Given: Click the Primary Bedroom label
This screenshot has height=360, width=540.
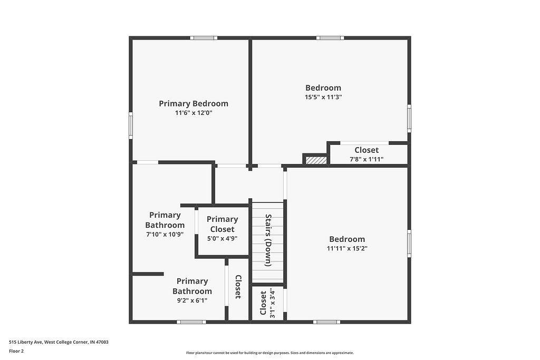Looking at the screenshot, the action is click(194, 104).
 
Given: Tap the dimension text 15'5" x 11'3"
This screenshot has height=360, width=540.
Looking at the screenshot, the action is click(323, 97).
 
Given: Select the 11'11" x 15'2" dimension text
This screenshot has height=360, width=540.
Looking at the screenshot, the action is click(347, 248).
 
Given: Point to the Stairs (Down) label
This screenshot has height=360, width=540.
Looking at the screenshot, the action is click(268, 240).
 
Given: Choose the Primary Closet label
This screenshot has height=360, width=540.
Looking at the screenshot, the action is click(223, 225).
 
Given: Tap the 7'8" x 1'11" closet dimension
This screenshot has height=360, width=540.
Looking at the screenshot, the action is click(367, 159).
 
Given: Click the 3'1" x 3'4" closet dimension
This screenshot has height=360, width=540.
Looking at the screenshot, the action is click(273, 303).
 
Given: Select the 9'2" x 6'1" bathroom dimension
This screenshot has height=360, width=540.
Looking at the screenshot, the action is click(192, 300).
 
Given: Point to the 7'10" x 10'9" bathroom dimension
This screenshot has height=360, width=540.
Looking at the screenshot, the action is click(165, 235).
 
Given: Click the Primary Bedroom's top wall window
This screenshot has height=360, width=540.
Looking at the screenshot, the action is click(204, 38).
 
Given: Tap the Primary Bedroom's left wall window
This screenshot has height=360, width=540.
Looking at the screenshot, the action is click(131, 125).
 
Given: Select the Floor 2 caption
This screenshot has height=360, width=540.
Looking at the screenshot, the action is click(16, 352).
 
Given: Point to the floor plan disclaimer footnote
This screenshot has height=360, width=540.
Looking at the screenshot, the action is click(270, 353).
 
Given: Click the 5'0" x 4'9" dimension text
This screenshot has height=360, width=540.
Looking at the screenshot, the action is click(223, 238).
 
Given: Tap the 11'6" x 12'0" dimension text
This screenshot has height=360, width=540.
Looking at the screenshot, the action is click(194, 113).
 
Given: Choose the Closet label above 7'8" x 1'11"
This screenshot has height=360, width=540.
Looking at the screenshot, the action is click(367, 150).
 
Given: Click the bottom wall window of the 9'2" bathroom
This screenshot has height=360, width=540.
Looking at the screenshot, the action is click(191, 322).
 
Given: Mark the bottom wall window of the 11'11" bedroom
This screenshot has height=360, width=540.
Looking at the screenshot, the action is click(326, 322).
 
